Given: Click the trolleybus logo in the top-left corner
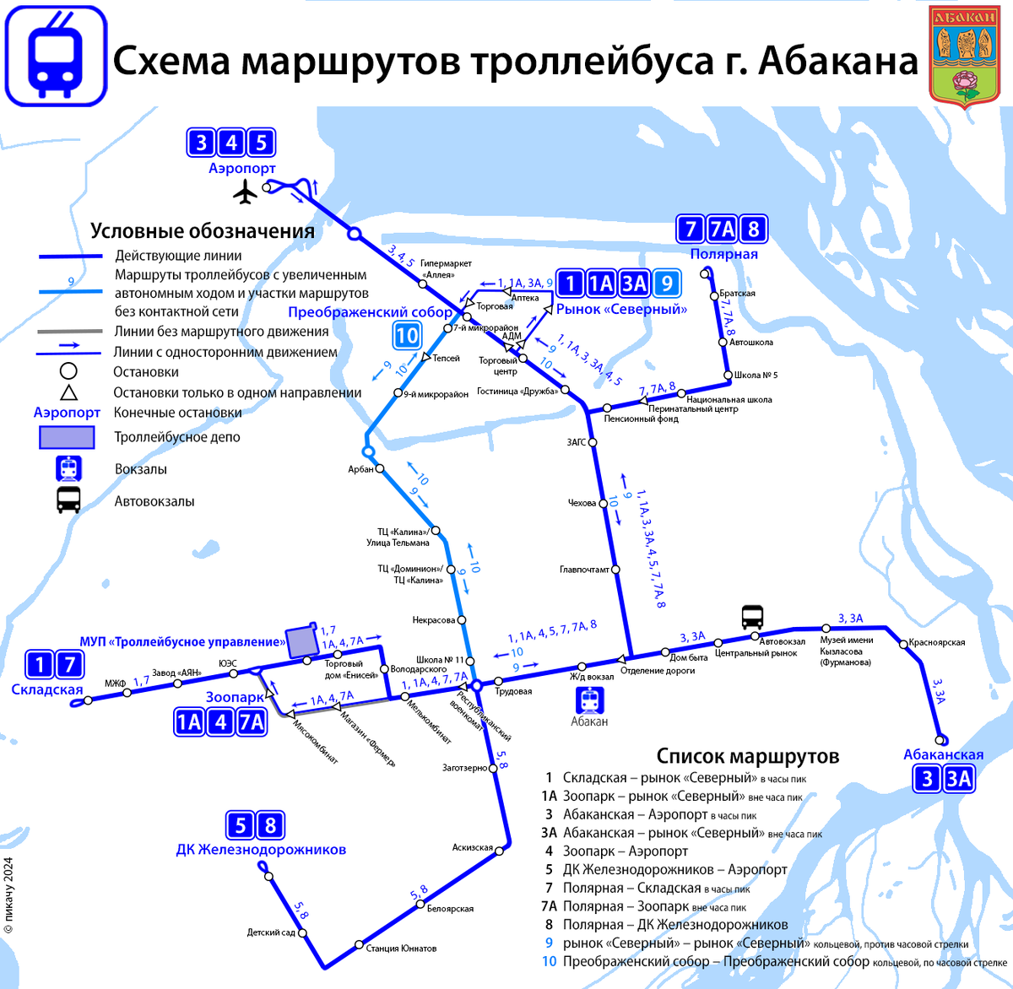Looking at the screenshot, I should click(x=57, y=57).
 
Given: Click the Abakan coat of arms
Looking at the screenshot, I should click(x=963, y=56).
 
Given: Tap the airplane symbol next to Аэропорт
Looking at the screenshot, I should click(x=245, y=193).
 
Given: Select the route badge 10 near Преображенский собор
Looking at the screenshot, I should click(x=407, y=335).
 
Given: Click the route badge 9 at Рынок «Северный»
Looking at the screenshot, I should click(x=667, y=284).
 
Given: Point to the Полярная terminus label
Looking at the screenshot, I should click(x=723, y=254).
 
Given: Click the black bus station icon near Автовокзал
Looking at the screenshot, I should click(x=752, y=617).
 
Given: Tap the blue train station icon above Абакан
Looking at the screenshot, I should click(x=589, y=700).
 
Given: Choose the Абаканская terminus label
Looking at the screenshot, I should click(x=943, y=754).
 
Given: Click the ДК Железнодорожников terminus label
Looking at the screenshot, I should click(x=261, y=849).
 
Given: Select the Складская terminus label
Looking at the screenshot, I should click(x=47, y=689).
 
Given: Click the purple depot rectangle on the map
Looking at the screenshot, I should click(x=301, y=642).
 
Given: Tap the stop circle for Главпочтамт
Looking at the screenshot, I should click(x=615, y=570).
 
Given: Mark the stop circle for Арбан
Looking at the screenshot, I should click(x=380, y=468).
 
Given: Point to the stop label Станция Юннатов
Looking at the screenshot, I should click(x=401, y=948).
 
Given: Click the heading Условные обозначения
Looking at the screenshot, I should click(x=203, y=231).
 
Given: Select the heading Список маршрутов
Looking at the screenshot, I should click(x=747, y=756).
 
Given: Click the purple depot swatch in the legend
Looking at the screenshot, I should click(x=67, y=437).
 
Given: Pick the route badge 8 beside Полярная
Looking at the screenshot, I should click(x=753, y=229).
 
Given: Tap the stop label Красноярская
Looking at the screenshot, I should click(x=936, y=642).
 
